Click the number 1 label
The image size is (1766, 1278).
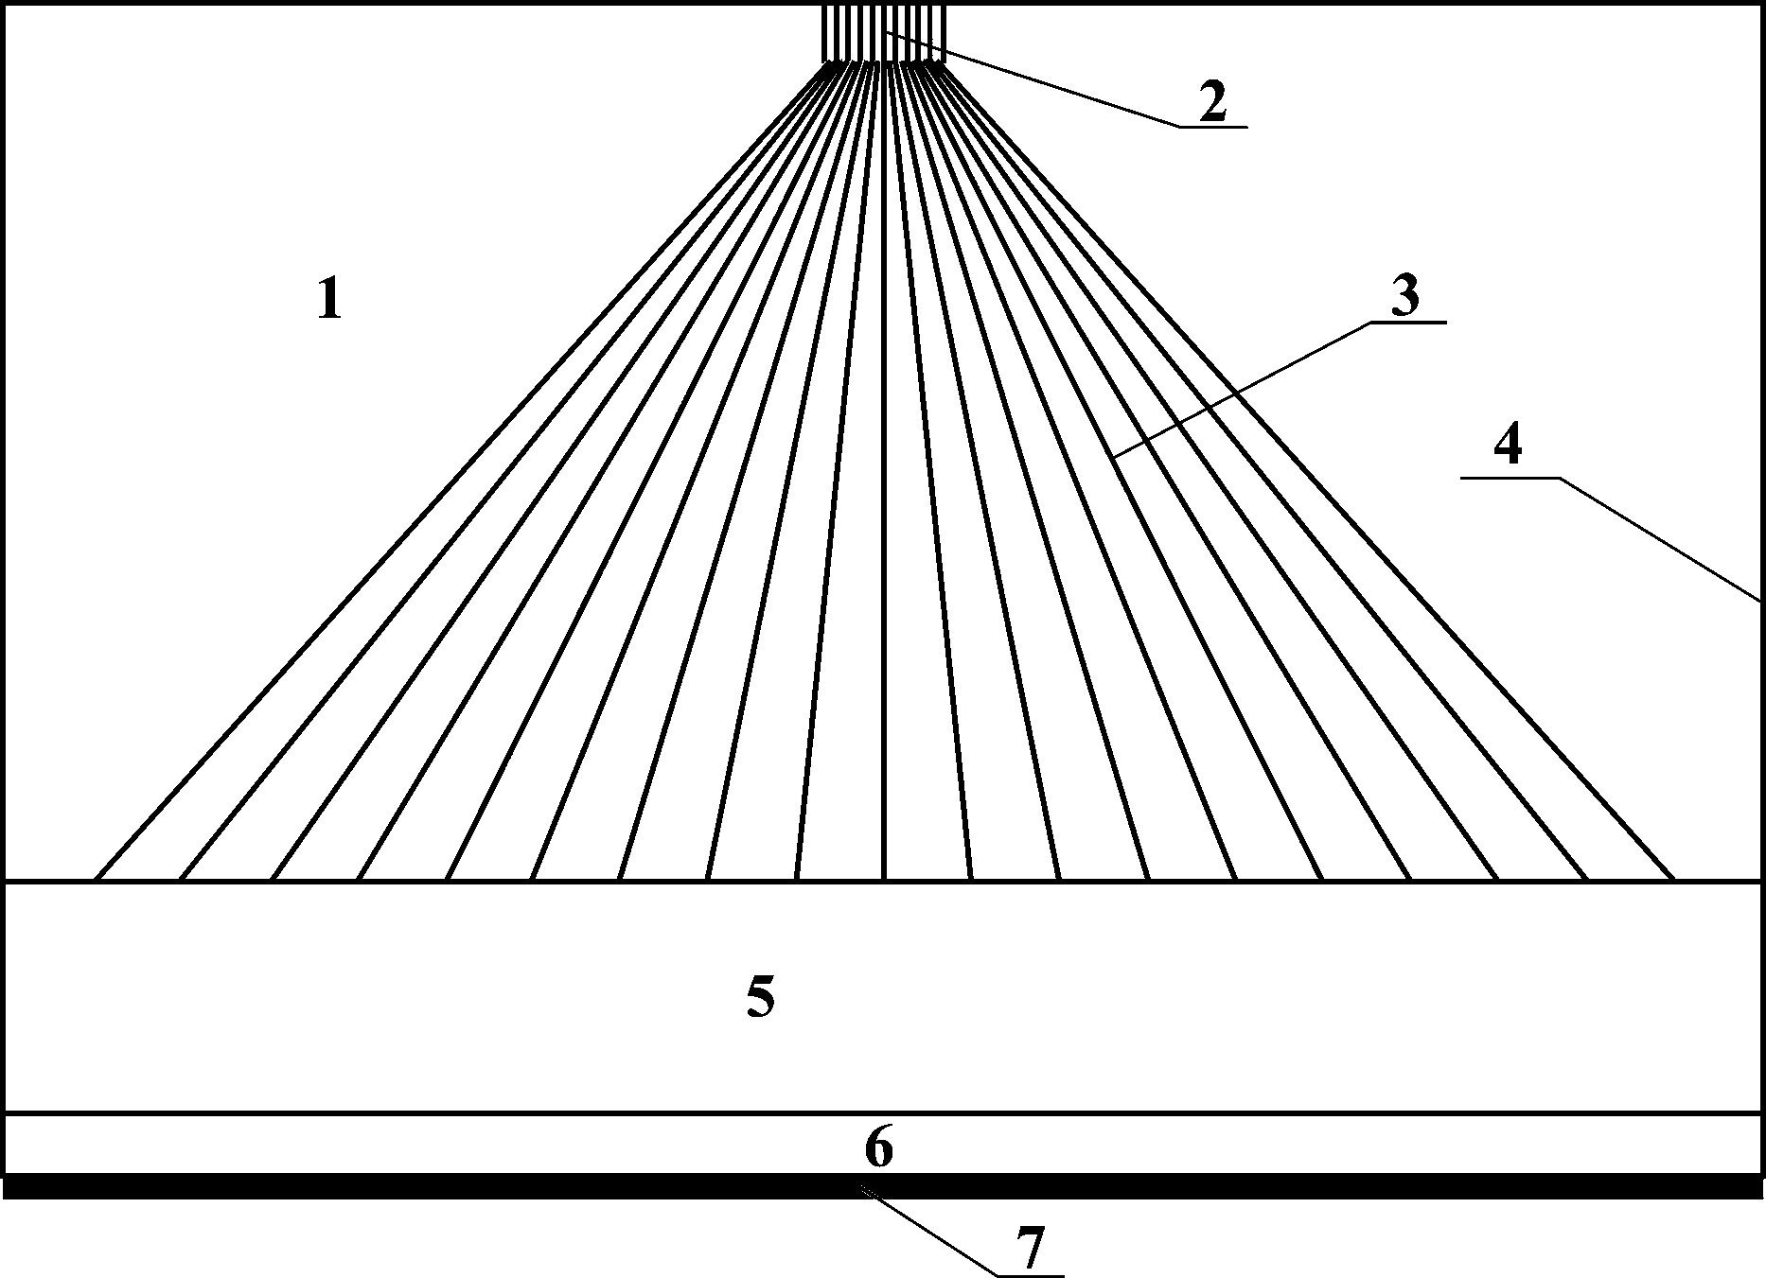coord(328,301)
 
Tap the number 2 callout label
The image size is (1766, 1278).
coord(1212,102)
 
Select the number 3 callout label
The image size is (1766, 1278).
coord(1405,297)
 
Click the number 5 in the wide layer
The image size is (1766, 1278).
coord(761,997)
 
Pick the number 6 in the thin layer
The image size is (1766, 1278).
coord(878,1149)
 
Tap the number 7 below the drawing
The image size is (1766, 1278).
coord(1030,1249)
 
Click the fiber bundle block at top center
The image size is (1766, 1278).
coord(883,34)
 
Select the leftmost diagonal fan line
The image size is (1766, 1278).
coord(454,473)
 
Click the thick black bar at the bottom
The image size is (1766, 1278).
coord(883,1187)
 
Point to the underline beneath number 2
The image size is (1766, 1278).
coord(1213,126)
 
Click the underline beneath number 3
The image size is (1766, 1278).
coord(1407,323)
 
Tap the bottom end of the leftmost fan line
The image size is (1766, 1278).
coord(97,878)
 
